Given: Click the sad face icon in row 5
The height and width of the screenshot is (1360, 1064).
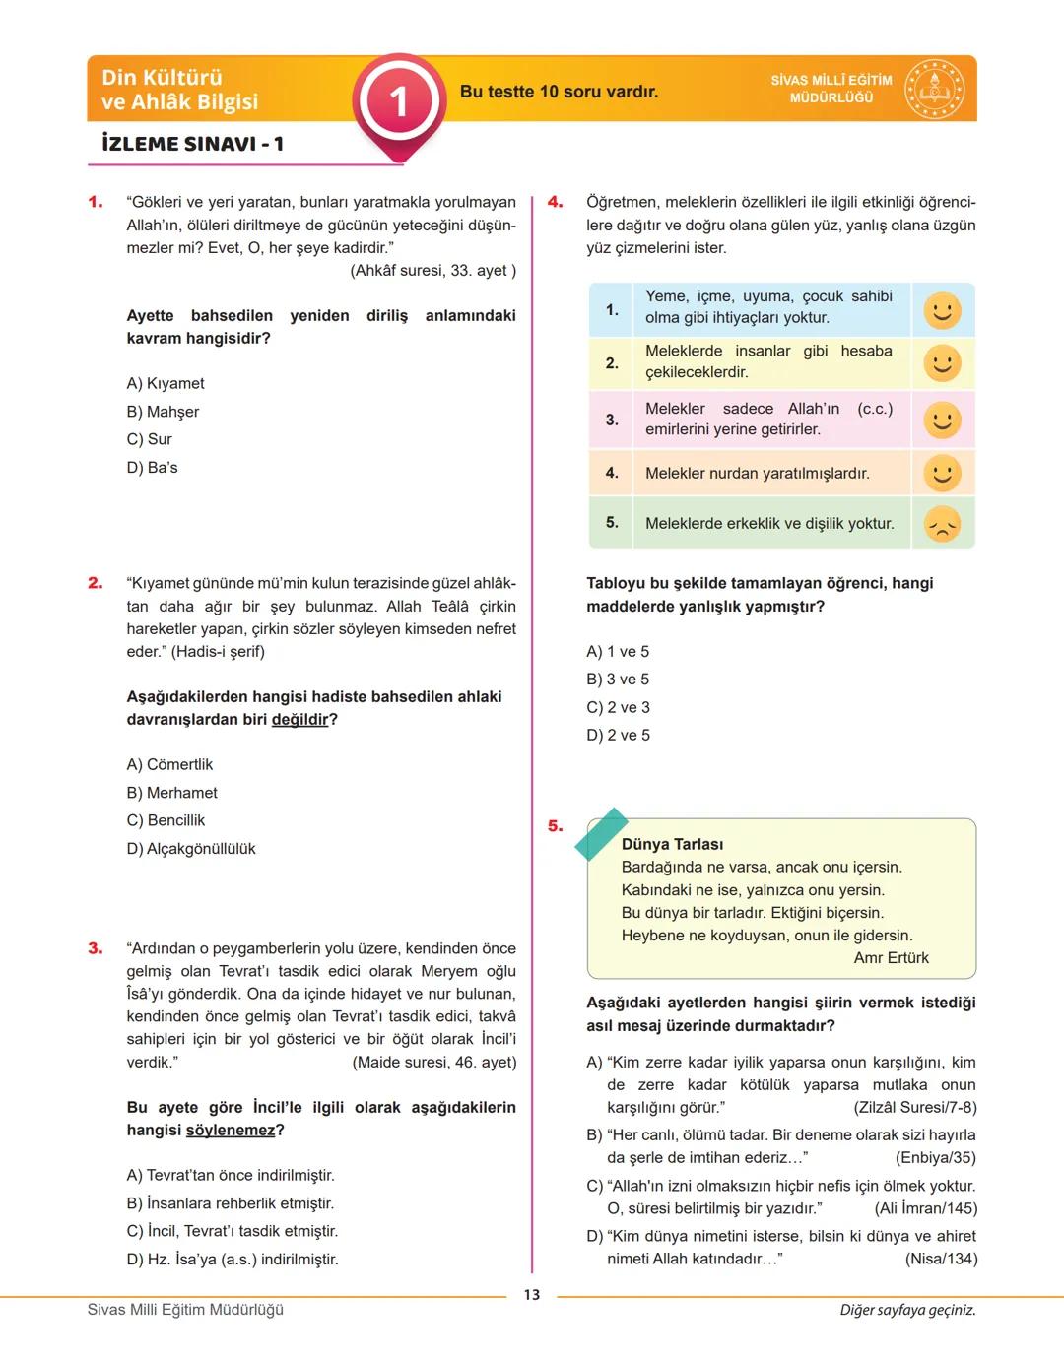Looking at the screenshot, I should tap(942, 524).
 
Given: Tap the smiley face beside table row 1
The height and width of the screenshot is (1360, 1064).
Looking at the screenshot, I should tap(942, 310).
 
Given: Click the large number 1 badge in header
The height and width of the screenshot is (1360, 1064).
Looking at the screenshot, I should tap(399, 101).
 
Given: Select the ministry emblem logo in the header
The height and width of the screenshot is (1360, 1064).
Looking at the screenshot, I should tap(934, 90).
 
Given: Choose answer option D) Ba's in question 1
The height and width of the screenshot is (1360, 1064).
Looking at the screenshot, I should tap(153, 468).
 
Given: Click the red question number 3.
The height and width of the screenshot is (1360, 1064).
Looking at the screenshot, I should tap(96, 948).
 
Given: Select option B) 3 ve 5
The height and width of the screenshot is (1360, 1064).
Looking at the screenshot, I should tap(618, 680).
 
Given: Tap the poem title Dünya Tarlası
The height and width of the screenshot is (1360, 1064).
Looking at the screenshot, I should tap(672, 844).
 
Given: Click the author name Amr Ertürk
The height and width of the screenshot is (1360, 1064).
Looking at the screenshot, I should tap(891, 958).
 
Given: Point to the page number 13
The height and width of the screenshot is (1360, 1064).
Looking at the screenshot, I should tap(532, 1295).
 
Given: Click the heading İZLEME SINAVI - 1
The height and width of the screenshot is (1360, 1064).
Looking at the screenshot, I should tap(193, 144).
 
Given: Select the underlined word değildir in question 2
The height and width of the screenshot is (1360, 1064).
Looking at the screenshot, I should tap(299, 720).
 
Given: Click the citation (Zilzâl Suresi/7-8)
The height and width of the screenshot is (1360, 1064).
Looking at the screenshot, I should tap(914, 1108).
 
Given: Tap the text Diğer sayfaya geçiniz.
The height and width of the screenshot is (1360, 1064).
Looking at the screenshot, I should tap(907, 1310).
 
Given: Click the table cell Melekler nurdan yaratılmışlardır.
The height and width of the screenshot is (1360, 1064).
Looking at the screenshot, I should tap(757, 474).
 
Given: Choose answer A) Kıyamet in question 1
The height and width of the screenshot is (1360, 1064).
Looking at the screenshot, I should tap(166, 383).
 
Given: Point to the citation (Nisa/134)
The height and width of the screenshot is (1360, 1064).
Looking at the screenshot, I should tap(941, 1259).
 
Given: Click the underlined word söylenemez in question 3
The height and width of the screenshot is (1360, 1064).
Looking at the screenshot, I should tap(230, 1131).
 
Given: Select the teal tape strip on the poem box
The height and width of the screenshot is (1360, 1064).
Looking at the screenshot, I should tap(601, 834).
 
